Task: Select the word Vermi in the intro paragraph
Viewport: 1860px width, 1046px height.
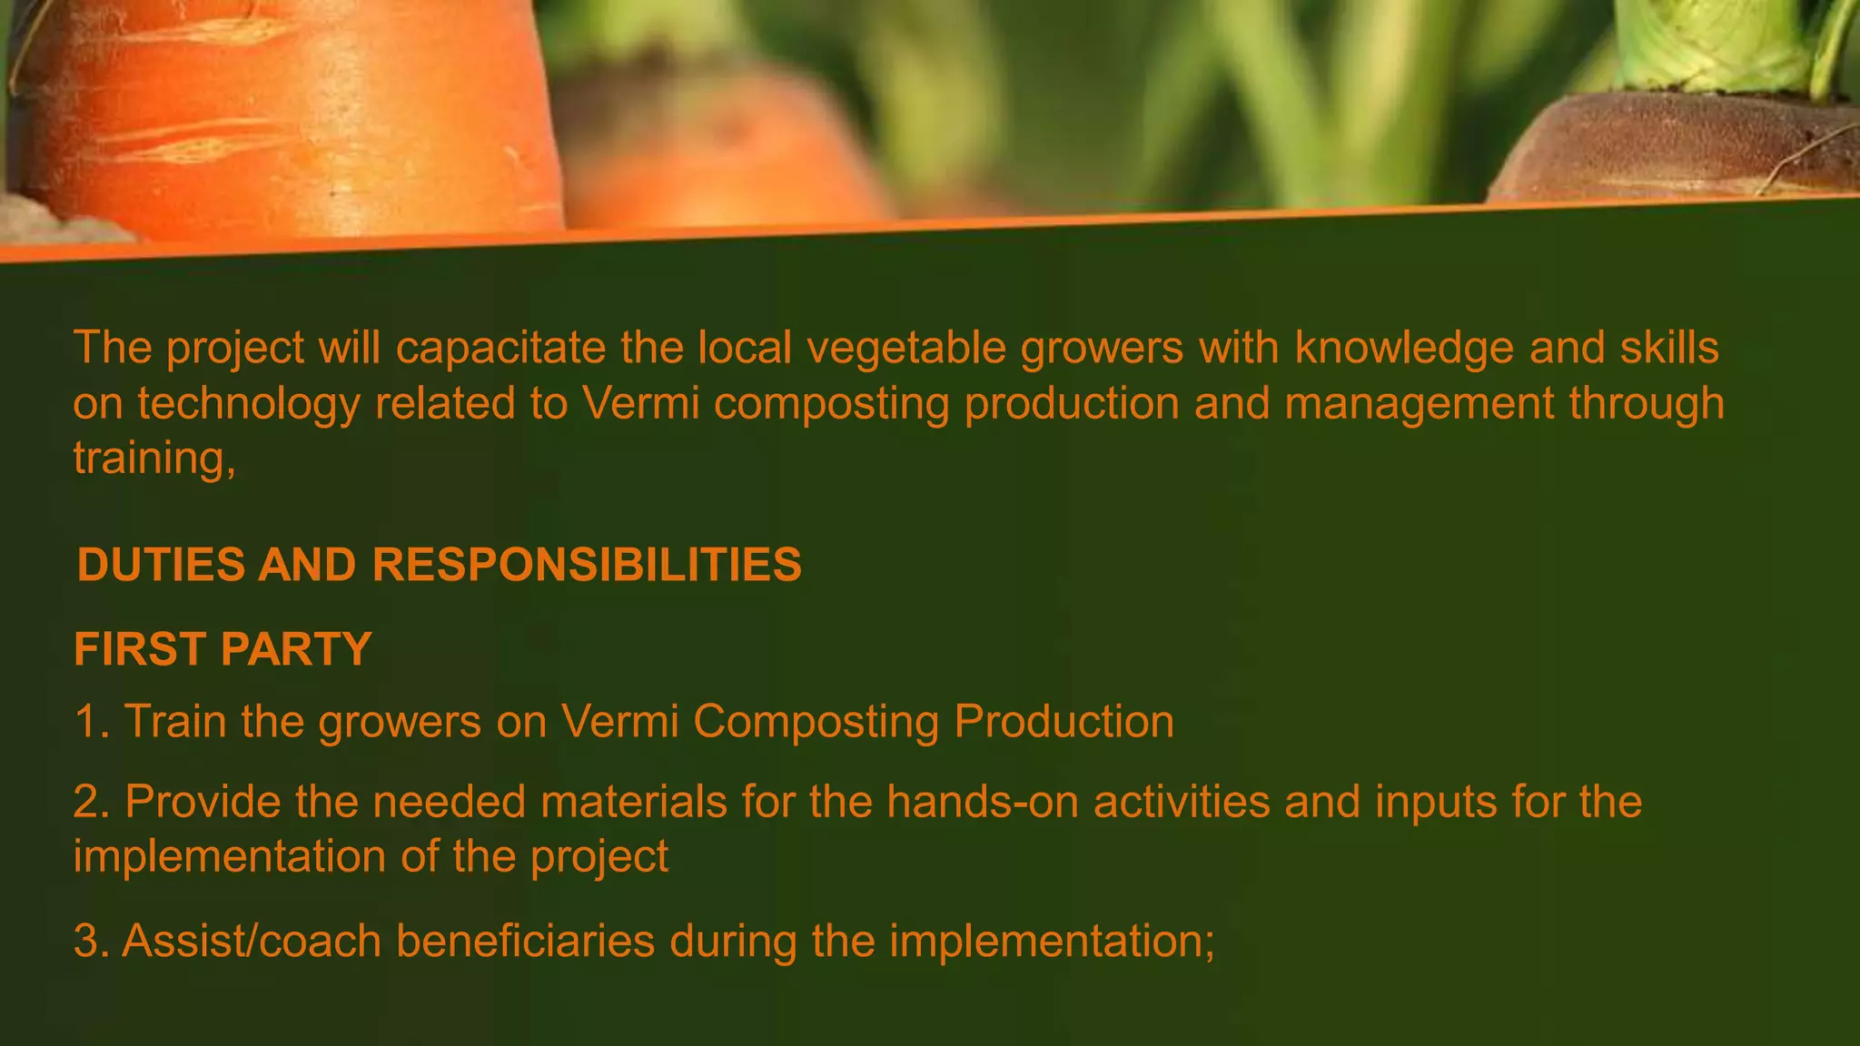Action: (x=641, y=403)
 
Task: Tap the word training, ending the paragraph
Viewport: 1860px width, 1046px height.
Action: (x=154, y=459)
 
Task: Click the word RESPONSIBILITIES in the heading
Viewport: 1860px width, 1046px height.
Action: (x=587, y=565)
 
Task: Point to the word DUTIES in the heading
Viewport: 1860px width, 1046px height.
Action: (x=161, y=565)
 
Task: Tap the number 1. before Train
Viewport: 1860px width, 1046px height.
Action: (x=92, y=723)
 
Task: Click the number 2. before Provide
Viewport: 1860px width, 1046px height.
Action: (x=92, y=803)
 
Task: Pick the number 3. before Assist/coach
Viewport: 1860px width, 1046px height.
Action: (x=92, y=942)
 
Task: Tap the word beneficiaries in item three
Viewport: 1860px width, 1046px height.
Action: (x=525, y=942)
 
